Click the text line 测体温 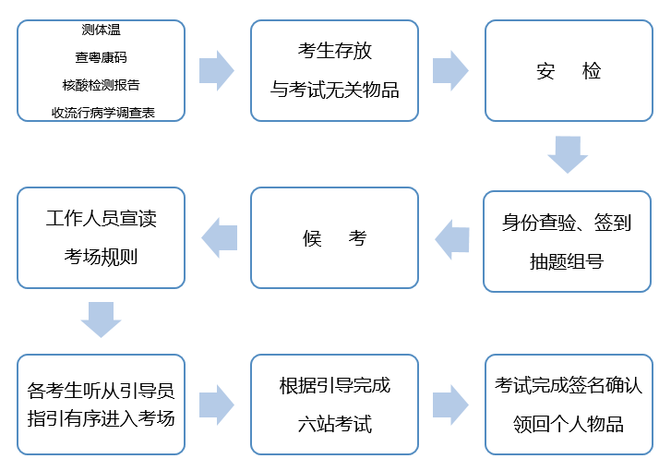(x=101, y=30)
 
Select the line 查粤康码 (x=101, y=57)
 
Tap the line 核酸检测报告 (x=101, y=85)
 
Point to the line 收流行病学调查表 (x=102, y=113)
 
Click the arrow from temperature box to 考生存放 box (x=217, y=70)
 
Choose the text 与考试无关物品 (x=334, y=90)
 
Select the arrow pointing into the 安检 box (x=450, y=70)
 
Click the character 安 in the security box (x=545, y=71)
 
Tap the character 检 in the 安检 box (x=592, y=71)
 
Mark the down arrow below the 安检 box (x=568, y=154)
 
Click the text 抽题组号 (x=567, y=261)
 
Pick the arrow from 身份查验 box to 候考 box (x=452, y=239)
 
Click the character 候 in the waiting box (x=312, y=238)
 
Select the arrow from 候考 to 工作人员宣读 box (x=219, y=237)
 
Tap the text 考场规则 (x=101, y=257)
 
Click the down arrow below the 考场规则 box (x=101, y=320)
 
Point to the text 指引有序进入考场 (x=101, y=418)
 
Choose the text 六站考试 (x=335, y=424)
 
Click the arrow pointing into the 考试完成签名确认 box (x=450, y=405)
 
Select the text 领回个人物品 (x=569, y=424)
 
